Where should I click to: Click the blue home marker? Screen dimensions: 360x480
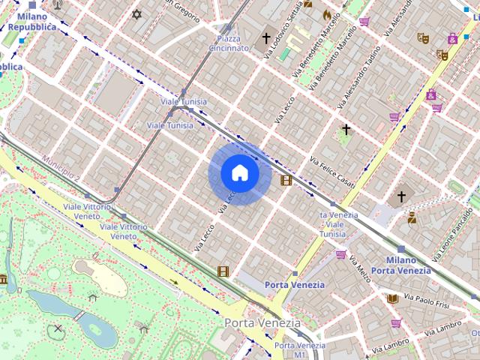(x=239, y=173)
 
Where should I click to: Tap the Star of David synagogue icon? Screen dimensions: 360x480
(x=136, y=14)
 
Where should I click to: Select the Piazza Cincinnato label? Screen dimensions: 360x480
(x=229, y=43)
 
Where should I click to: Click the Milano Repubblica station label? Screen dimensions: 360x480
(x=31, y=21)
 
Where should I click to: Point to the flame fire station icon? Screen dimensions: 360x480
(x=326, y=14)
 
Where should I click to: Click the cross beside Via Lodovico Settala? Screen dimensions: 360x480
(x=265, y=37)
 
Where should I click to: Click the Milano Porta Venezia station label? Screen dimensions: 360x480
(x=400, y=265)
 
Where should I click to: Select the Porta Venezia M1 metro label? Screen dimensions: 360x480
(x=289, y=349)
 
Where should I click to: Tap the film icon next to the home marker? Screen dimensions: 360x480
(x=286, y=180)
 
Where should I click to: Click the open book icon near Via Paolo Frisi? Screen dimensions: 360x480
(x=391, y=298)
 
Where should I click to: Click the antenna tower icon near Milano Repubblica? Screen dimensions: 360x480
(x=58, y=4)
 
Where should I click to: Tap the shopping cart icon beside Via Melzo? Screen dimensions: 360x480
(x=341, y=255)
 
